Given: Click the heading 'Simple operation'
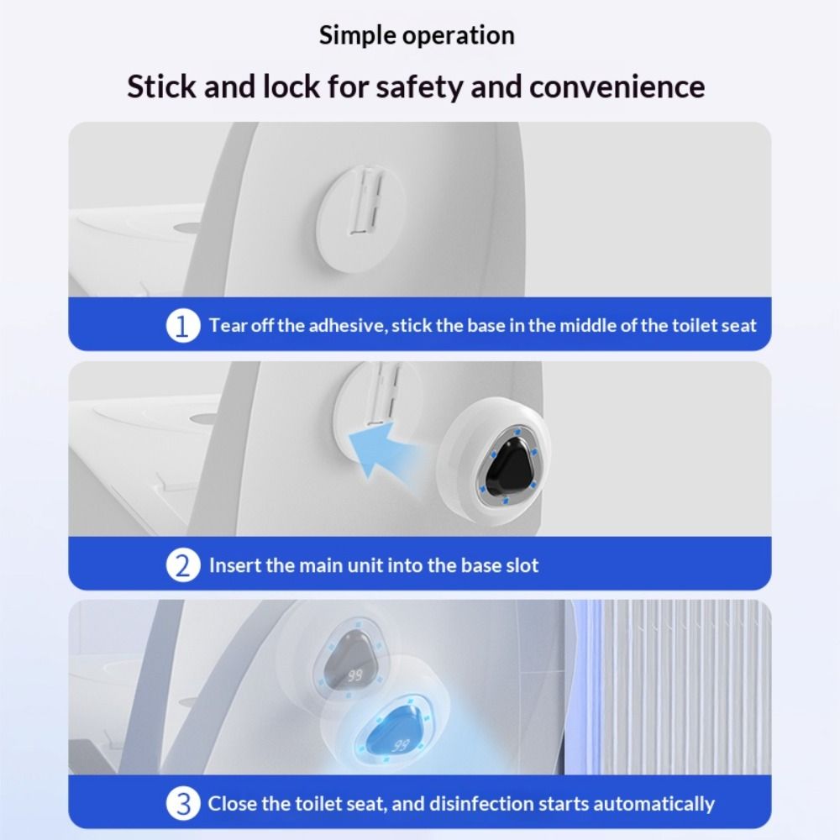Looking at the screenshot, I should [x=417, y=35].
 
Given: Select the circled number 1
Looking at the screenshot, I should [x=183, y=325].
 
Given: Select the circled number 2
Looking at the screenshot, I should [x=183, y=564].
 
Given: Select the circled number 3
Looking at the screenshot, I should [x=183, y=804].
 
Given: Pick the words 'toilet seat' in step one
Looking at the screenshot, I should [x=715, y=325].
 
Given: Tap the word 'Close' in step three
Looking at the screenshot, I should [x=232, y=804].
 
